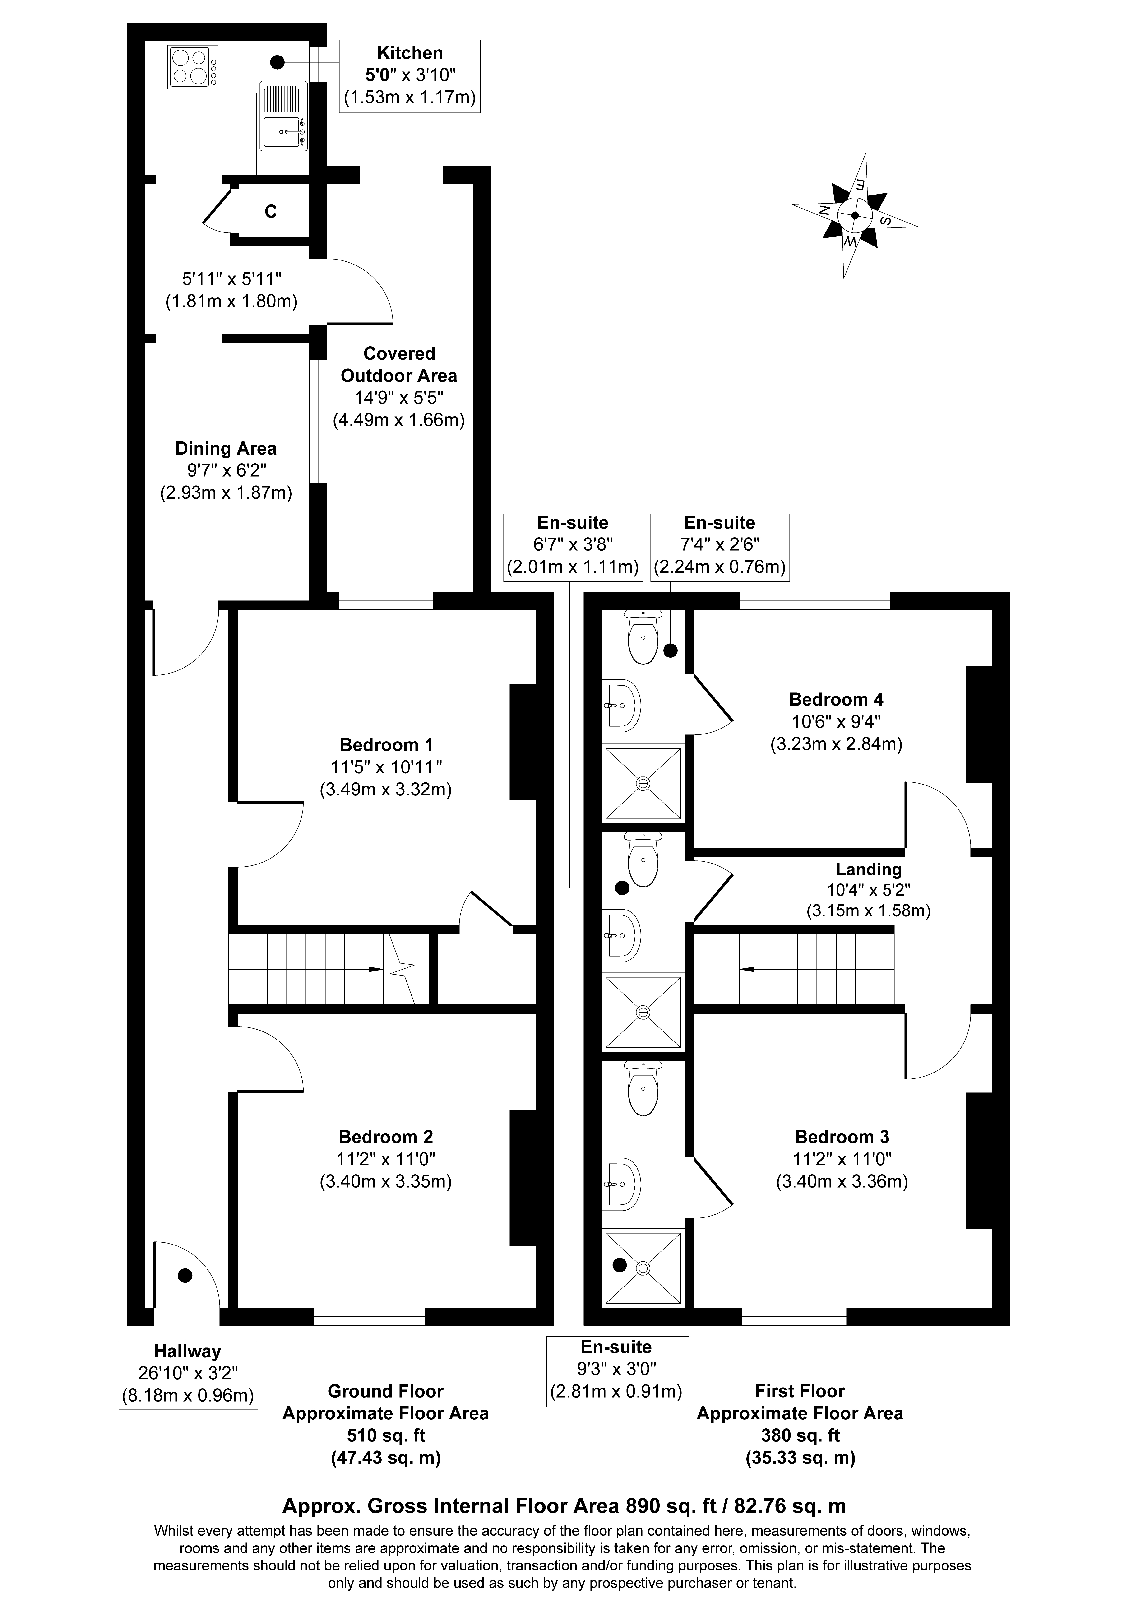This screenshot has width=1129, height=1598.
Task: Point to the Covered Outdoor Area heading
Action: pos(399,365)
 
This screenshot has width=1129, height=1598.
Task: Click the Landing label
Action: pos(869,869)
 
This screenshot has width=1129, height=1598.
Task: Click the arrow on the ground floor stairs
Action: pos(376,969)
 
